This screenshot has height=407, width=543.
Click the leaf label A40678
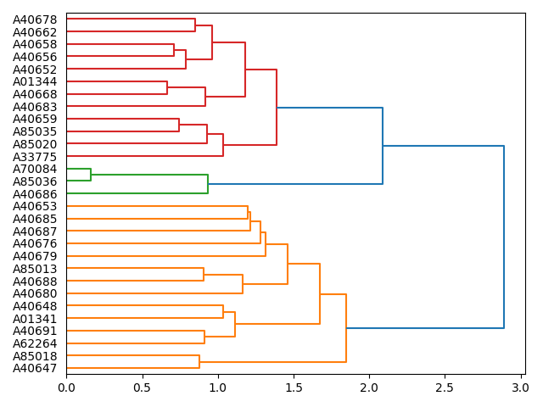point(35,19)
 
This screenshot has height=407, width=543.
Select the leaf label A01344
point(35,81)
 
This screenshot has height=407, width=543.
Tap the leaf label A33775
point(35,156)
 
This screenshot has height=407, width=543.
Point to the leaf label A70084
point(35,169)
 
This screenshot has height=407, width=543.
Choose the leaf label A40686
point(35,194)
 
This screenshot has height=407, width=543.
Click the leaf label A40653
point(35,206)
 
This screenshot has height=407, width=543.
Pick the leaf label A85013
point(35,269)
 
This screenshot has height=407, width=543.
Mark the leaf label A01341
point(35,319)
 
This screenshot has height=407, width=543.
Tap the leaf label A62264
point(35,343)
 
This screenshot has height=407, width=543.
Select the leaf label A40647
point(35,369)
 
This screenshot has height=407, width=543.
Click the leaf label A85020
point(35,144)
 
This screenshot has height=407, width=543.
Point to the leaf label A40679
point(35,256)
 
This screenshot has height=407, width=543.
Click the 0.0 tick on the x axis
point(66,387)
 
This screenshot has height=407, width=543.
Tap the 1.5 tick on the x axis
point(294,387)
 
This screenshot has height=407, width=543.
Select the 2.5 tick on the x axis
point(445,387)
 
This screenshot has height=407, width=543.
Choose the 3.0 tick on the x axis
point(520,387)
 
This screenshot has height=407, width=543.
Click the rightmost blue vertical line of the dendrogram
point(504,237)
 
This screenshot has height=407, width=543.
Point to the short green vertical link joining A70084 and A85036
point(91,176)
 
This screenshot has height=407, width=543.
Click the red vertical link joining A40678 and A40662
point(195,25)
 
